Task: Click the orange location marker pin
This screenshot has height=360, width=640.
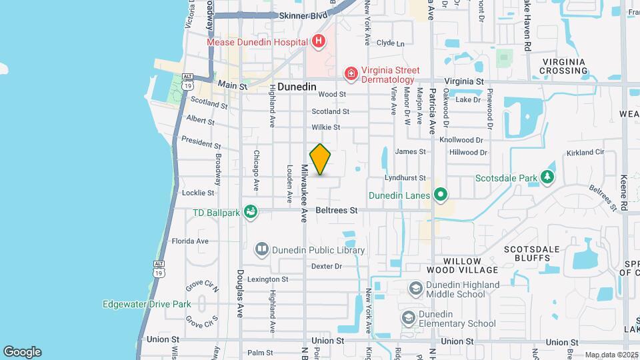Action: coord(321,159)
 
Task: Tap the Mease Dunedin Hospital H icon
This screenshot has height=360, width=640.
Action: coord(319,41)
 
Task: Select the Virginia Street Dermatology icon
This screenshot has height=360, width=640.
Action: coord(350,72)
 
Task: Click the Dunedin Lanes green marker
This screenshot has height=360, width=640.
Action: coord(439,195)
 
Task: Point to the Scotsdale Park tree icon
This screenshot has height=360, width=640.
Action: coord(547,177)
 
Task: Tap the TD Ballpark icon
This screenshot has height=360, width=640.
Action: coord(251,212)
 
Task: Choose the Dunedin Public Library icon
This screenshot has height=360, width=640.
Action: coord(262,250)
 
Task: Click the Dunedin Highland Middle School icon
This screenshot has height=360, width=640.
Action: coord(415,288)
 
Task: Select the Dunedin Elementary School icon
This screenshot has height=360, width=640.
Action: coord(407,318)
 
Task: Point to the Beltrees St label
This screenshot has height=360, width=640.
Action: coord(337,210)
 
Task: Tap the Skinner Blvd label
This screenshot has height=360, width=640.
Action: coord(303,15)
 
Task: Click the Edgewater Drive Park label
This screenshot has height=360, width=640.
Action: coord(147,305)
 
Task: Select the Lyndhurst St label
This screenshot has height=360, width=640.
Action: coord(405,178)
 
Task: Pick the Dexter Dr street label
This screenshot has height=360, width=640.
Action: coord(327,266)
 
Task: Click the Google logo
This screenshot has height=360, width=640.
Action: coord(22,351)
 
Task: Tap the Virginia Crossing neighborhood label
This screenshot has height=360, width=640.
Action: coord(563,66)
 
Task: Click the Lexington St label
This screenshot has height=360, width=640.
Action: coord(267,279)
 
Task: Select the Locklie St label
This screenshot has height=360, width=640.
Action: coord(198,193)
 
